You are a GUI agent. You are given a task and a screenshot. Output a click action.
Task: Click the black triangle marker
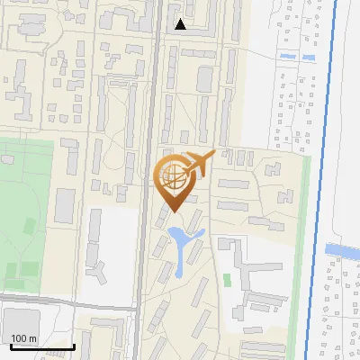click(181, 24)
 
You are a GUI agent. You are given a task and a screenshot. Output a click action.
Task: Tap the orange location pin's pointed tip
click(172, 211)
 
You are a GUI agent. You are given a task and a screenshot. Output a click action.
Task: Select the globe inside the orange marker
click(172, 177)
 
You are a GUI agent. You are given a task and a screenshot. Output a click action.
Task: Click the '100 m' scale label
click(24, 338)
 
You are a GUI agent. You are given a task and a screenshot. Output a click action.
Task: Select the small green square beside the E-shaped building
click(227, 280)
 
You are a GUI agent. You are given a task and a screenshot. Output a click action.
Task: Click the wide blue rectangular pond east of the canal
click(342, 249)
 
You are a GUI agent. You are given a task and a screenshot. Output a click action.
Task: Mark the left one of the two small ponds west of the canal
click(287, 57)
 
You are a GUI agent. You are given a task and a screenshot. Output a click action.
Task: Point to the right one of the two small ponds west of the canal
click(309, 58)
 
